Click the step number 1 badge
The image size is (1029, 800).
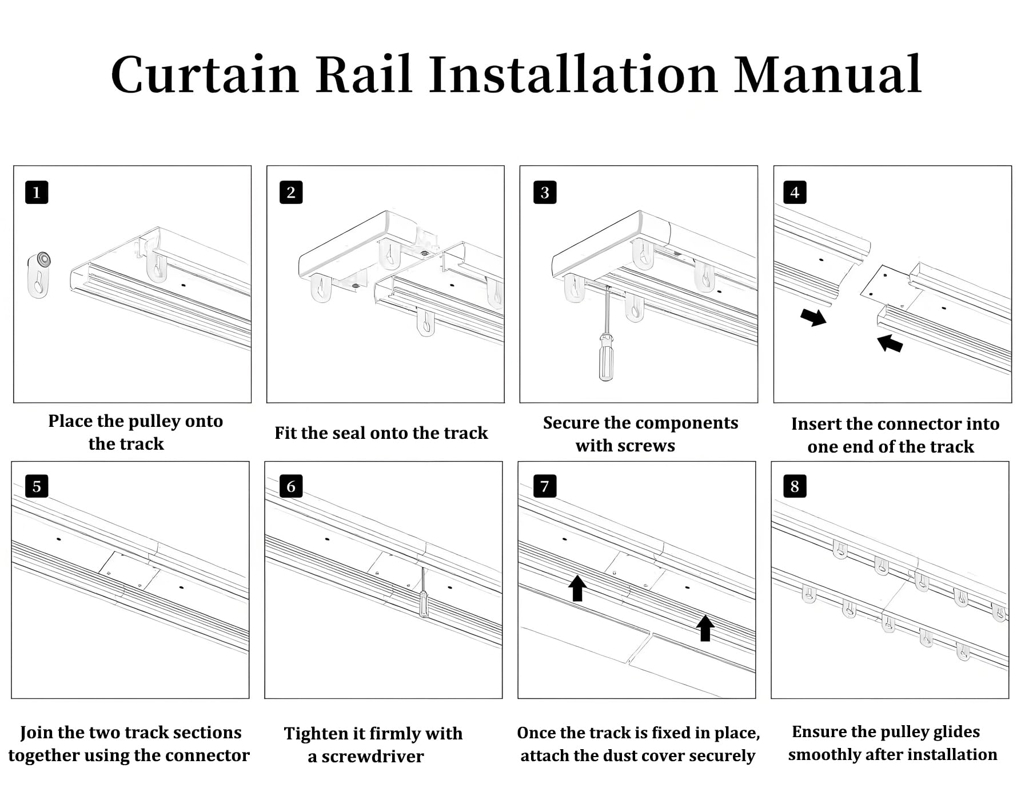pyautogui.click(x=37, y=193)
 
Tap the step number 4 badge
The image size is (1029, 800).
pyautogui.click(x=795, y=193)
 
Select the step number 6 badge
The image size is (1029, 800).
pyautogui.click(x=291, y=486)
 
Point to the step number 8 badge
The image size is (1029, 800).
pyautogui.click(x=795, y=486)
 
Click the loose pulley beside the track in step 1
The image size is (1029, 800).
pyautogui.click(x=39, y=275)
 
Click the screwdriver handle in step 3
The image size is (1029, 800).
pyautogui.click(x=605, y=357)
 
